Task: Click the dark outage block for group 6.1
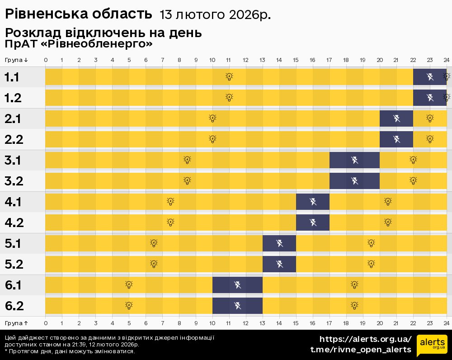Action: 237,285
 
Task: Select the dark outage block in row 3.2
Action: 354,181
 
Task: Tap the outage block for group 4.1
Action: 313,202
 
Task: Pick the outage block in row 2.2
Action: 396,139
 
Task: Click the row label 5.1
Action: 13,244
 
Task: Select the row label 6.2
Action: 14,306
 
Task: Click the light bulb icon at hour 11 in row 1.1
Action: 229,76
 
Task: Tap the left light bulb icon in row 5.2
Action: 154,264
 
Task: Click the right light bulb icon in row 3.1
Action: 413,160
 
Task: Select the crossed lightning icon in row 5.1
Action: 279,244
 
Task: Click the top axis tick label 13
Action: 263,60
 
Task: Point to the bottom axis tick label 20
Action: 380,323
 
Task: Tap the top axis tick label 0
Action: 46,60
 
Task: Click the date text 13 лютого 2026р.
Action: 215,15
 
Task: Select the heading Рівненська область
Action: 78,14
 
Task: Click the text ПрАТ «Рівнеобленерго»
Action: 79,44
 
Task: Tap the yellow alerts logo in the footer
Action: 432,346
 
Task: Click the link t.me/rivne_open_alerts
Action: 361,350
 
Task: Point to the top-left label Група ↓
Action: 17,60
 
